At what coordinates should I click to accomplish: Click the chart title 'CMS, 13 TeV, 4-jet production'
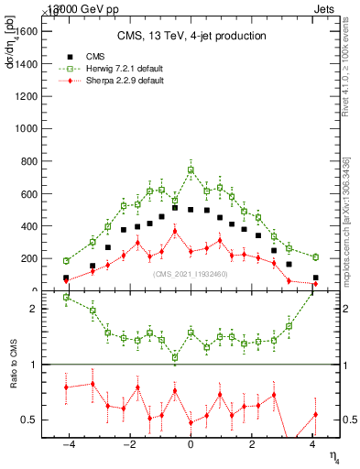tap(191, 36)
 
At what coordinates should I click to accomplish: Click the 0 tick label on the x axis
tap(191, 446)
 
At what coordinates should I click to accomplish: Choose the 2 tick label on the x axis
tap(252, 446)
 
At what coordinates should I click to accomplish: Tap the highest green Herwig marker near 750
tap(191, 169)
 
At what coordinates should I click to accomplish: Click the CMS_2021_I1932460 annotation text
tap(191, 274)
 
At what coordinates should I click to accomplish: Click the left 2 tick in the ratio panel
tap(37, 309)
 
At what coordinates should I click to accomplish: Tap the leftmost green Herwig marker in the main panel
tap(66, 261)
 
